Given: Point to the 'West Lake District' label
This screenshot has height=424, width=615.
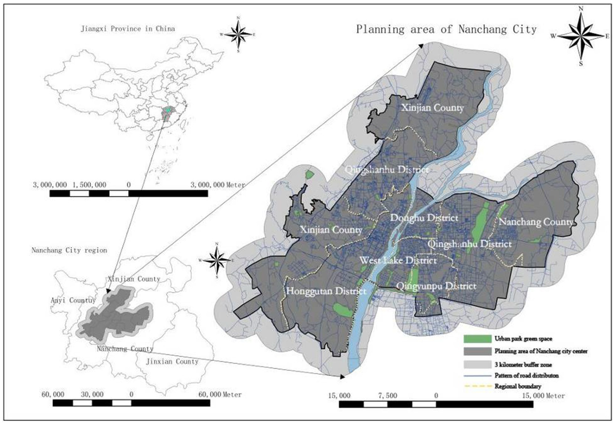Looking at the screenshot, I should click(398, 261).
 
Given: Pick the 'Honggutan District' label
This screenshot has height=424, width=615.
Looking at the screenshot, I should click(326, 291).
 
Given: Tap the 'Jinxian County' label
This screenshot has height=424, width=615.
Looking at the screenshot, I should click(172, 361).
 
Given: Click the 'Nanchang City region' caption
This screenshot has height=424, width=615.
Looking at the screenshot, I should click(69, 251).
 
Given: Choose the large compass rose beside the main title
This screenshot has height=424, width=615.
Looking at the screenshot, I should click(580, 36).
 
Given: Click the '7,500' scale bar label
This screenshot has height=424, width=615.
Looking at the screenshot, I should click(387, 396).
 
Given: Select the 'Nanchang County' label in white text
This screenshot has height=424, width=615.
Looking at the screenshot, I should click(536, 222).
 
